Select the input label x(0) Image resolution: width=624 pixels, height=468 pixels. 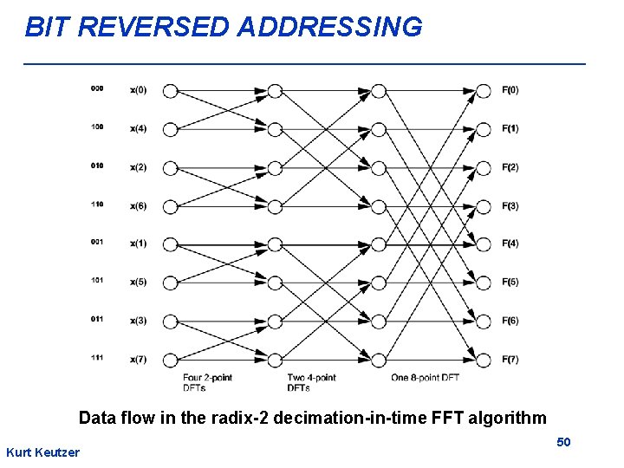pyautogui.click(x=138, y=90)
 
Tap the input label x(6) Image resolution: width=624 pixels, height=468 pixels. pyautogui.click(x=138, y=205)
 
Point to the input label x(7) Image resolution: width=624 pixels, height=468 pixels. pyautogui.click(x=138, y=360)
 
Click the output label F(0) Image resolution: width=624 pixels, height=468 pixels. pyautogui.click(x=510, y=90)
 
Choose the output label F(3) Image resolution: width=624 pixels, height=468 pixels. pyautogui.click(x=510, y=205)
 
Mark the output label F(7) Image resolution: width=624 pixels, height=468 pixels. pyautogui.click(x=510, y=360)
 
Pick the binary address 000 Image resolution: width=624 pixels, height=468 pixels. pyautogui.click(x=96, y=88)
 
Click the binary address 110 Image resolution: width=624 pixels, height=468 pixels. pyautogui.click(x=96, y=204)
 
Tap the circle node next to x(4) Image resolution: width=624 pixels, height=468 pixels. pyautogui.click(x=170, y=129)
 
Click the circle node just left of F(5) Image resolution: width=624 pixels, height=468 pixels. pyautogui.click(x=484, y=283)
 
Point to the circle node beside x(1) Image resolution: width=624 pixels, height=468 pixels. pyautogui.click(x=170, y=244)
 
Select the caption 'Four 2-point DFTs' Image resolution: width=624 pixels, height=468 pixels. pyautogui.click(x=207, y=382)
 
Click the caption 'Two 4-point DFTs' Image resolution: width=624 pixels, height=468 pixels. pyautogui.click(x=311, y=382)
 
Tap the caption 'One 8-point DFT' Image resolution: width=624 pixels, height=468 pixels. pyautogui.click(x=424, y=378)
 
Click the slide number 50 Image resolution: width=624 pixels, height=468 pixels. pyautogui.click(x=563, y=443)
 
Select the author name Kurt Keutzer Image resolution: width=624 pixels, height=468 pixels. pyautogui.click(x=42, y=452)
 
